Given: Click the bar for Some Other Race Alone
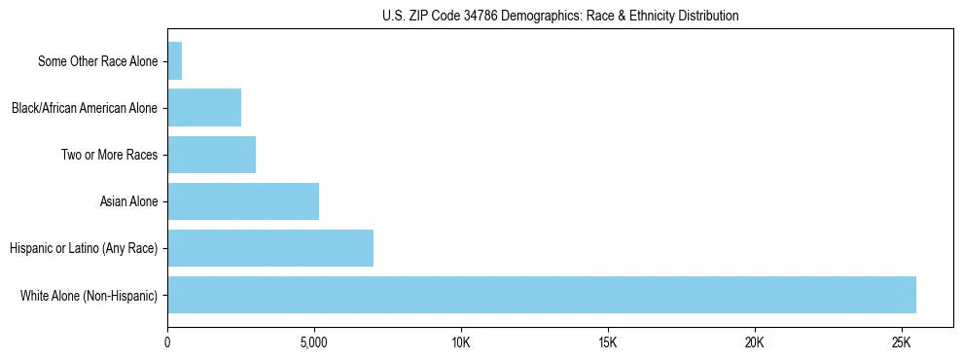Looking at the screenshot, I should point(175,61).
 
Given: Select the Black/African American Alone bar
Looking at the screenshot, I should point(204,108).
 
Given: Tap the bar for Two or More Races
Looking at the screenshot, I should point(212,155).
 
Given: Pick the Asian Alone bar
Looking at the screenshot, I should point(243,201).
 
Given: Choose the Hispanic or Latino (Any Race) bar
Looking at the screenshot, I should point(270,248).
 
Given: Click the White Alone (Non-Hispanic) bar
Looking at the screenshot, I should point(542,295).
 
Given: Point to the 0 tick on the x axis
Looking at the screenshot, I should point(168,342).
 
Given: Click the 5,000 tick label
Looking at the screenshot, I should point(314,342).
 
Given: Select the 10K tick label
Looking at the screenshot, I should point(461,342).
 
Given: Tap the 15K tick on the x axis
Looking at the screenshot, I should point(608,342).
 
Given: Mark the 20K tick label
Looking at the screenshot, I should point(755,342).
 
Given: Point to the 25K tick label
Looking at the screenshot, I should point(901,342).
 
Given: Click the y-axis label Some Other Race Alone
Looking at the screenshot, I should point(97,61).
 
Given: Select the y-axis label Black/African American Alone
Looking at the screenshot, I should point(85,108).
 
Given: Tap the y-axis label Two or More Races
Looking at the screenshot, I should point(109,155).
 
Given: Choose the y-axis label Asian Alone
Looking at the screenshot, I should point(128,201).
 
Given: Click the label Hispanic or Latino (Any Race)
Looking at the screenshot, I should point(84,248).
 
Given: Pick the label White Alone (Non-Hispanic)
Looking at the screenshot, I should point(89,295).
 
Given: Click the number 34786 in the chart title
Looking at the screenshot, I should point(451,16).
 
